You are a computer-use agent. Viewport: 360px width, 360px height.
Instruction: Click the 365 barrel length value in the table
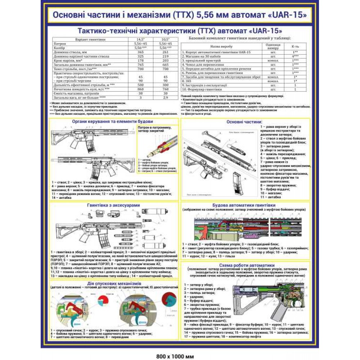coord(140,53)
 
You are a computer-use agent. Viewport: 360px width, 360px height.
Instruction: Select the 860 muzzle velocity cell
coord(140,89)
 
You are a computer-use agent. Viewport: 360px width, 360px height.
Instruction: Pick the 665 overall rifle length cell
coord(166,64)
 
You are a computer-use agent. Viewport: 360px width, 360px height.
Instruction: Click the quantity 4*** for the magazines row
coord(295,57)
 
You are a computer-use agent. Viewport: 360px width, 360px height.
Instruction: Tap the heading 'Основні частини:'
coord(244,122)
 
